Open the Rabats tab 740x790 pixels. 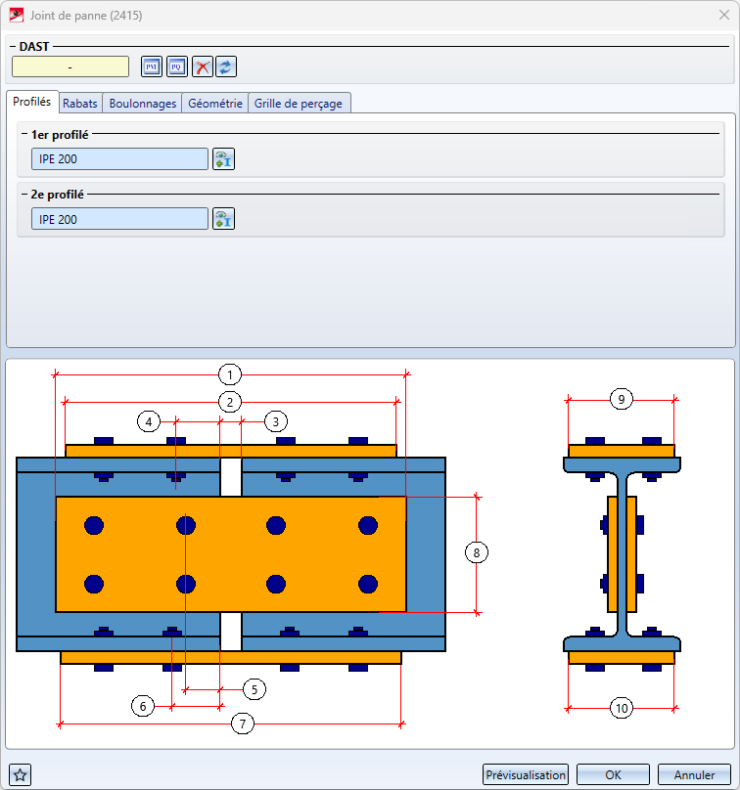80,104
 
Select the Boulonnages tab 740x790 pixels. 143,104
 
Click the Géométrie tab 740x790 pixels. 215,104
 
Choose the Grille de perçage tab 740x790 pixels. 299,104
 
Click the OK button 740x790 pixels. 613,775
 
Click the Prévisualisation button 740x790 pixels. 525,775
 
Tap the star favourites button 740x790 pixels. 21,775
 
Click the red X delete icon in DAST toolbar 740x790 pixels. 203,66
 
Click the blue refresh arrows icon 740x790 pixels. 226,66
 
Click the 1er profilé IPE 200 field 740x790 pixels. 119,159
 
